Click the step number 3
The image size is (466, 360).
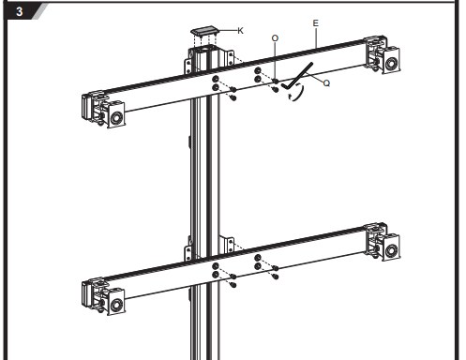20,12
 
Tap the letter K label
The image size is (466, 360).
240,31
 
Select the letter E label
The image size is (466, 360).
316,23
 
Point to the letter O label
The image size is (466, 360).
275,38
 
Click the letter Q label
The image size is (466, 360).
326,83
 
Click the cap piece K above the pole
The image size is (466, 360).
204,31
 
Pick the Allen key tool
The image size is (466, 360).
297,76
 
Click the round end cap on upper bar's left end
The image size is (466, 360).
116,118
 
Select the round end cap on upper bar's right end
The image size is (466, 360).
391,64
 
